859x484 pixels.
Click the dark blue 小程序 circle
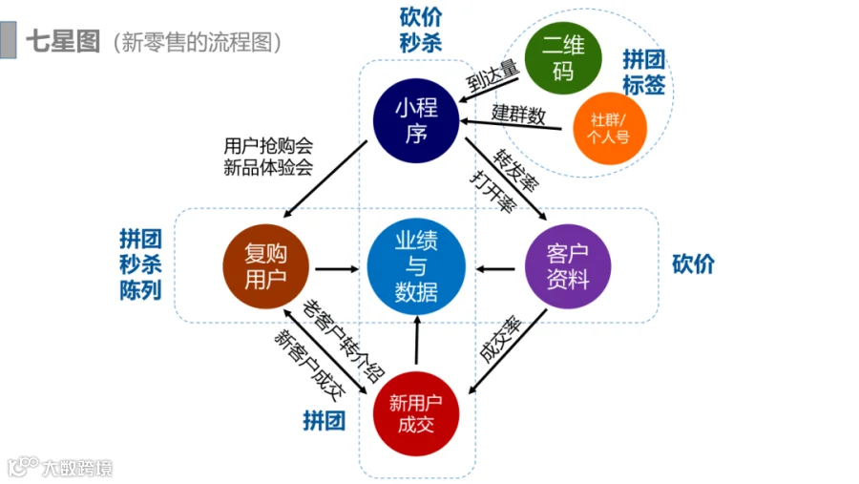click(x=416, y=120)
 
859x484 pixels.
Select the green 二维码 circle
click(x=563, y=58)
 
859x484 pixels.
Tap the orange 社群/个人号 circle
click(x=610, y=128)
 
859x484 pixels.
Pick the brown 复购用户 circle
click(x=265, y=266)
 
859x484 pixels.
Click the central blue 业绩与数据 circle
click(x=416, y=267)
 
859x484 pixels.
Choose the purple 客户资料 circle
click(x=568, y=266)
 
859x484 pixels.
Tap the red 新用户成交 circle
click(x=416, y=414)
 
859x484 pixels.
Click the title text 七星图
click(x=63, y=42)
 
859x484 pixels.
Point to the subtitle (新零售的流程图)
click(x=198, y=42)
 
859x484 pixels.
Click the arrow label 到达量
click(x=492, y=75)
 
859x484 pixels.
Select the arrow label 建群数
click(x=518, y=115)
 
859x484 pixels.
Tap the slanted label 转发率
click(x=515, y=171)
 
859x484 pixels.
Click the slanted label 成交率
click(x=499, y=339)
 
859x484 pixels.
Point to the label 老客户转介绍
click(x=344, y=341)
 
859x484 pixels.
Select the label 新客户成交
click(x=309, y=365)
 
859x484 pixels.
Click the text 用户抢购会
click(x=268, y=146)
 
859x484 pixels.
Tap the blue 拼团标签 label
click(x=643, y=72)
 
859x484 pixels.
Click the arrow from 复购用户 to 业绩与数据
click(x=337, y=269)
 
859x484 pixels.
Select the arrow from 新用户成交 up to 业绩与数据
click(x=417, y=340)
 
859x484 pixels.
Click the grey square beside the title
click(x=9, y=39)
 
